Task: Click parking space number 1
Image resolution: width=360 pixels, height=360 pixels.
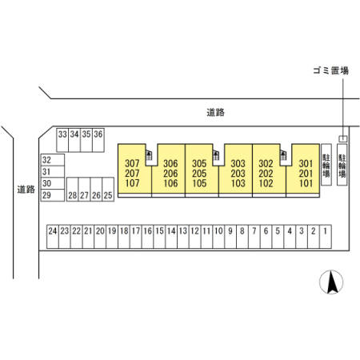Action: click(x=326, y=237)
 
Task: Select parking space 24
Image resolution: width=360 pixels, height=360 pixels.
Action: click(x=53, y=237)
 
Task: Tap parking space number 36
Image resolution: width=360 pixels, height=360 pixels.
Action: click(x=98, y=140)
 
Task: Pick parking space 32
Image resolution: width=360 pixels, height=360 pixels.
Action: click(x=53, y=160)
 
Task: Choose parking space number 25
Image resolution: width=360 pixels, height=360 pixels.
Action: click(x=108, y=190)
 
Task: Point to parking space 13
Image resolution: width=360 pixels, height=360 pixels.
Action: click(x=183, y=237)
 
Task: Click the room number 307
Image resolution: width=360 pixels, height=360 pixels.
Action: click(x=132, y=163)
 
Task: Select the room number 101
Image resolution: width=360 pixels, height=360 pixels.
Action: click(x=306, y=183)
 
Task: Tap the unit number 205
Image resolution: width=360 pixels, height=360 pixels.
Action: click(x=199, y=174)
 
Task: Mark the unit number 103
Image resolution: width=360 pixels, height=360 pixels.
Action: click(x=238, y=183)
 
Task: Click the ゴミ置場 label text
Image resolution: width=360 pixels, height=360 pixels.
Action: click(x=331, y=70)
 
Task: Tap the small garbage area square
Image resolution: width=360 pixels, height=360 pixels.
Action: click(x=343, y=138)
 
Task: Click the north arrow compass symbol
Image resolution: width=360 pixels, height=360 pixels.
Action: click(x=331, y=282)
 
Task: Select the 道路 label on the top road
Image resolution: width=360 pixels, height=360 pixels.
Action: click(x=215, y=112)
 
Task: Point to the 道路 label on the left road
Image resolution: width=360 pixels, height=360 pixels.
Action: click(x=26, y=190)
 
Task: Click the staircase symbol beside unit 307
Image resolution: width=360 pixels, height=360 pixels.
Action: click(x=149, y=155)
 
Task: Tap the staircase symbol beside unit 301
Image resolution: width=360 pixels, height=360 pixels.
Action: click(x=283, y=155)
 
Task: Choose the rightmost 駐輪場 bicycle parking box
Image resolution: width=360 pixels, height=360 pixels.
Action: click(x=342, y=165)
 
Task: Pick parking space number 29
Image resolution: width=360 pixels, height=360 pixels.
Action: click(x=53, y=195)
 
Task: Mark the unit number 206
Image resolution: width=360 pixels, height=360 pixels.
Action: click(x=170, y=174)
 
